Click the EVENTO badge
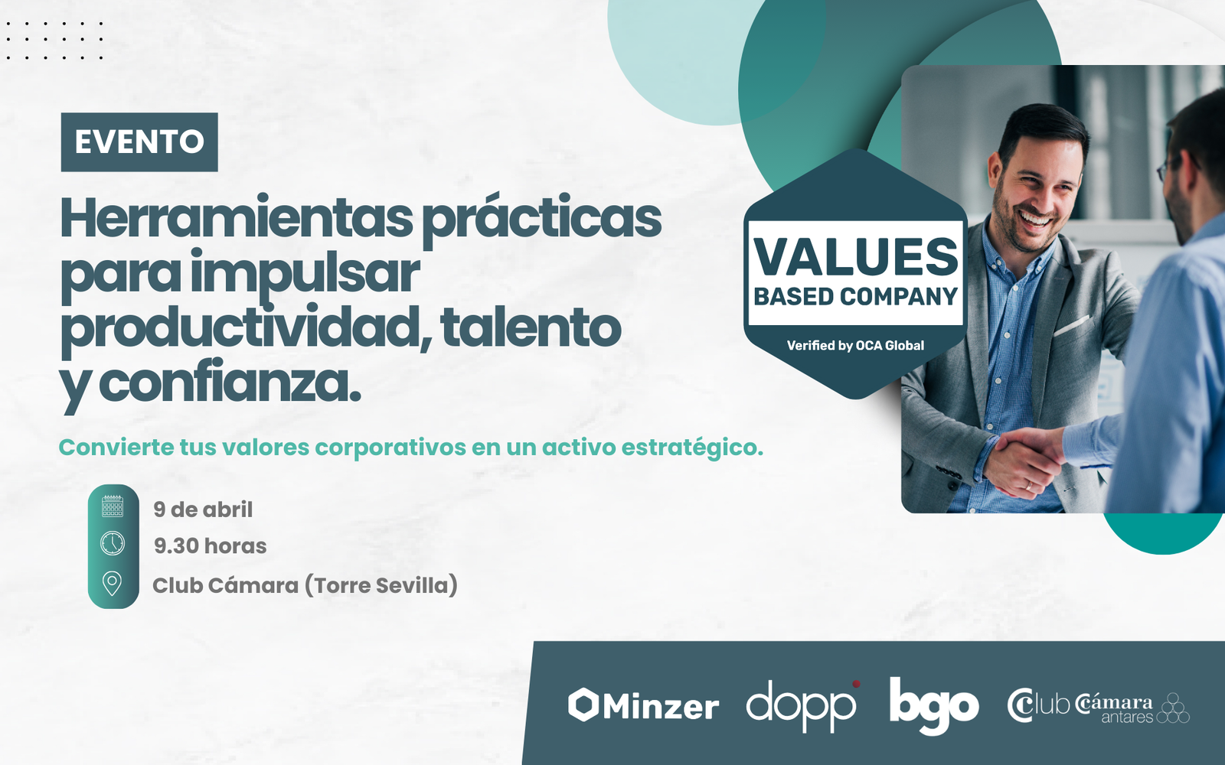click(x=139, y=142)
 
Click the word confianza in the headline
click(x=230, y=382)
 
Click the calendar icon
click(x=113, y=506)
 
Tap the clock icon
click(x=113, y=544)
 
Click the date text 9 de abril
click(x=203, y=509)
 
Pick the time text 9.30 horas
click(x=210, y=545)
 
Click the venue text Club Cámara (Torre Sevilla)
click(x=305, y=586)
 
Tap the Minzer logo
click(x=643, y=705)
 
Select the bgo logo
click(x=934, y=706)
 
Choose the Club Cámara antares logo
click(x=1098, y=707)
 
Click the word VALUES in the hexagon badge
click(x=856, y=256)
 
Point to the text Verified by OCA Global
click(x=855, y=345)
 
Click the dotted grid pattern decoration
click(x=54, y=41)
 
